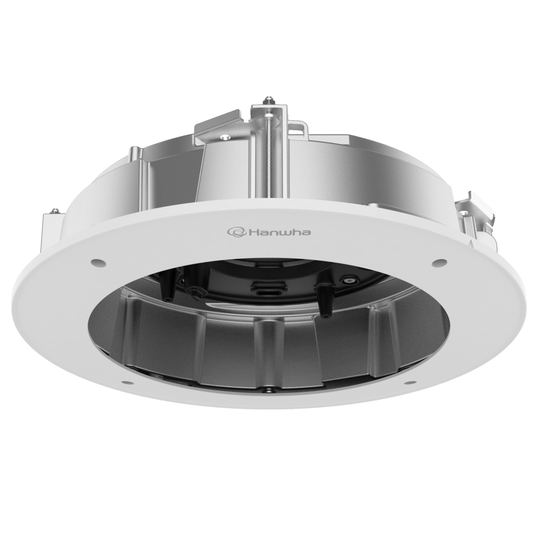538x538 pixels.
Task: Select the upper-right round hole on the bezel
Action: (x=436, y=261)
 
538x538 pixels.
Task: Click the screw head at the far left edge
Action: (x=53, y=211)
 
